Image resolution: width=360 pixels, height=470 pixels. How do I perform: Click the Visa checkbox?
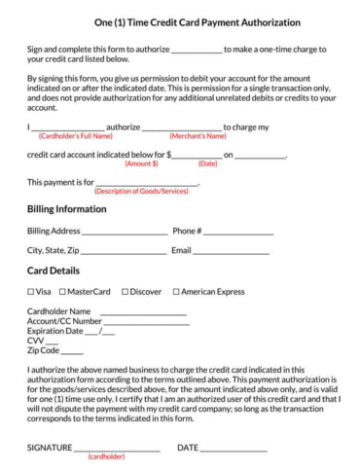pos(30,291)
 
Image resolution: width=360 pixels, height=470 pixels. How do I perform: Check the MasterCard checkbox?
pos(62,291)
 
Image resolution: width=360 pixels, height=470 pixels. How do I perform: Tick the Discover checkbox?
pos(124,291)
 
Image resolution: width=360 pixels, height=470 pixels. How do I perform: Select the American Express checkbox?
pos(176,291)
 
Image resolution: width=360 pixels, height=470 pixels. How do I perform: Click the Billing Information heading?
pos(66,208)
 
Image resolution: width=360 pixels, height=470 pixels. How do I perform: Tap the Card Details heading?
pos(54,270)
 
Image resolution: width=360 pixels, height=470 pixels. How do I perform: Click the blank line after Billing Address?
pos(125,233)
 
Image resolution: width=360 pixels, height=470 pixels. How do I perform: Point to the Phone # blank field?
pos(238,233)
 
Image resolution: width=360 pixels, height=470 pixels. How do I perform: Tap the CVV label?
pos(36,341)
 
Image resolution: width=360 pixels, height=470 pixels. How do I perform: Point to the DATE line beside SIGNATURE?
pos(234,447)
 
